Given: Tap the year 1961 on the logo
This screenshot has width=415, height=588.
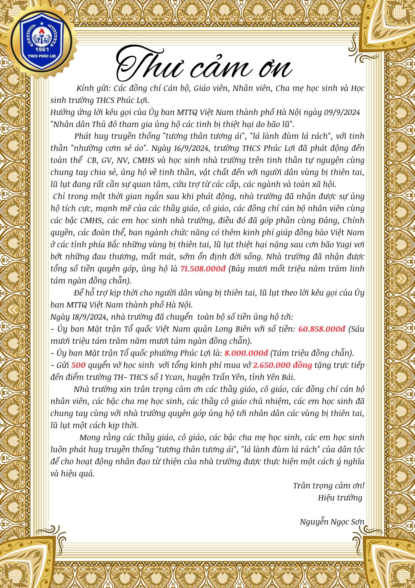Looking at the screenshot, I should point(42,49).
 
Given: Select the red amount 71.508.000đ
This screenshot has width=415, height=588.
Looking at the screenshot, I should point(203,269).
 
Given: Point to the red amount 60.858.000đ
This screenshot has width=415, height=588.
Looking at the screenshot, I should point(322,329).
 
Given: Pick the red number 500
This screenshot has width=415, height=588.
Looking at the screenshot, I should point(78,365).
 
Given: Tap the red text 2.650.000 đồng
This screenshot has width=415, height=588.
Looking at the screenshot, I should point(282,365).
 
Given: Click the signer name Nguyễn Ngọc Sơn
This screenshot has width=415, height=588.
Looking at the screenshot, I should point(332,522).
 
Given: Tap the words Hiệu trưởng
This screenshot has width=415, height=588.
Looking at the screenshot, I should point(340,498).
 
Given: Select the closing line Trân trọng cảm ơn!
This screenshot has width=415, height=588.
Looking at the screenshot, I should point(328,486).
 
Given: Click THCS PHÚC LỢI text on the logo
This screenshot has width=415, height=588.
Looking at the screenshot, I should point(42,55).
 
